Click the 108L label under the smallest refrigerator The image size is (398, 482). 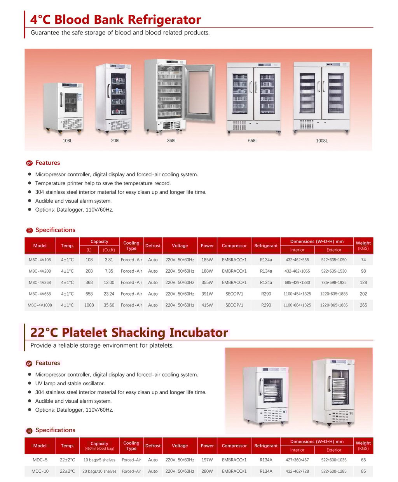67,141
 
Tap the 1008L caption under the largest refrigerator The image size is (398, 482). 322,141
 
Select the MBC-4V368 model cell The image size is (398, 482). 40,282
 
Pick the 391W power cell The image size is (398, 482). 207,294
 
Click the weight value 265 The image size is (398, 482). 363,305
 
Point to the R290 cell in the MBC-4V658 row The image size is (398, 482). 266,294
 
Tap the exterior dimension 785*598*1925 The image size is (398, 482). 334,282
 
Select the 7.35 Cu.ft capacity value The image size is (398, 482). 109,271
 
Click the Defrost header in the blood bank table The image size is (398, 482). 153,245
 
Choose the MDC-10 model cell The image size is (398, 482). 40,471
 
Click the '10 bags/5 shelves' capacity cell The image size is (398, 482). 99,460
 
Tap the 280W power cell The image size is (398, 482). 207,471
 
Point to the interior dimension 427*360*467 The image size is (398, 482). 297,460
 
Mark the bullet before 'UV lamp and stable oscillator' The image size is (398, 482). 30,383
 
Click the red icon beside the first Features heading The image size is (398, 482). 29,163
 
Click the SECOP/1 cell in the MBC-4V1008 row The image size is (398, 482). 234,305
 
